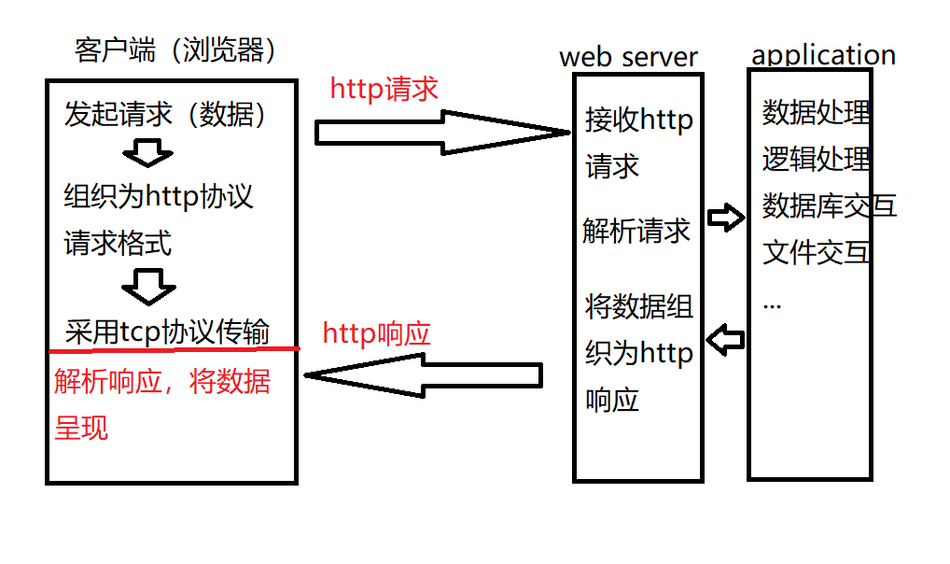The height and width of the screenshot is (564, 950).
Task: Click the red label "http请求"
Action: (384, 89)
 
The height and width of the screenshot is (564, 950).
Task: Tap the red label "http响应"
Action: (377, 333)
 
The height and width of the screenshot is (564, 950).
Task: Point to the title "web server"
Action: (628, 56)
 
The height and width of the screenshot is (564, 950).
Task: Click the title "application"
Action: (823, 54)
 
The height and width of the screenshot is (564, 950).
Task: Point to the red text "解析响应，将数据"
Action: (162, 382)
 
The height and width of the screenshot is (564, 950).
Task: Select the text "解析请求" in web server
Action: (636, 231)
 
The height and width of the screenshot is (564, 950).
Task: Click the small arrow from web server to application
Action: (725, 219)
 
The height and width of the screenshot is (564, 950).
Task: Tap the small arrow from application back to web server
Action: (725, 340)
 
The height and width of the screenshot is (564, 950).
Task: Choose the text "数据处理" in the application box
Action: (817, 112)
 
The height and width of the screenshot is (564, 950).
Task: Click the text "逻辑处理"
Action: (817, 159)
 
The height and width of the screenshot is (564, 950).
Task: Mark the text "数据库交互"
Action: (829, 205)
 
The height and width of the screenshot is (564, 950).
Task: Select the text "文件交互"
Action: (817, 252)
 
